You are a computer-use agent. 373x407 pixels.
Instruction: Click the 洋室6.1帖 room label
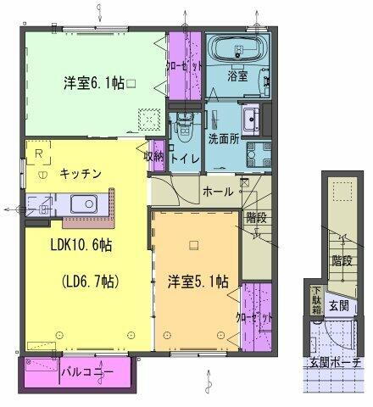pos(93,83)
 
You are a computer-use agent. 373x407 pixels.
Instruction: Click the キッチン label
pos(81,173)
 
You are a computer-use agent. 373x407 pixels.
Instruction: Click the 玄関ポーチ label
pos(334,363)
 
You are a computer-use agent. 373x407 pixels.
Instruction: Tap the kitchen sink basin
pos(84,204)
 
